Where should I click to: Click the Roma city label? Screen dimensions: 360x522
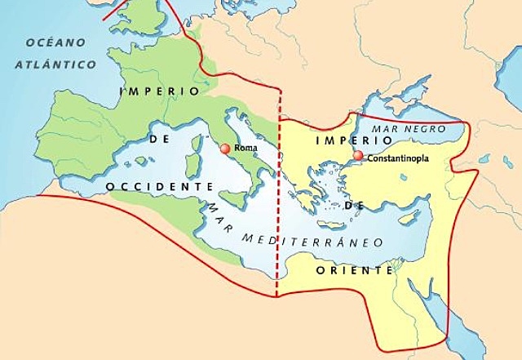(x=245, y=149)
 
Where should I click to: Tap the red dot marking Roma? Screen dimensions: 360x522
(x=226, y=149)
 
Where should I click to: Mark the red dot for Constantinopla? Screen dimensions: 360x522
(x=358, y=155)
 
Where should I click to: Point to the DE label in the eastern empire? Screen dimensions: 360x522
(x=352, y=208)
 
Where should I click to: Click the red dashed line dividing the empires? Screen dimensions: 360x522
(x=279, y=204)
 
